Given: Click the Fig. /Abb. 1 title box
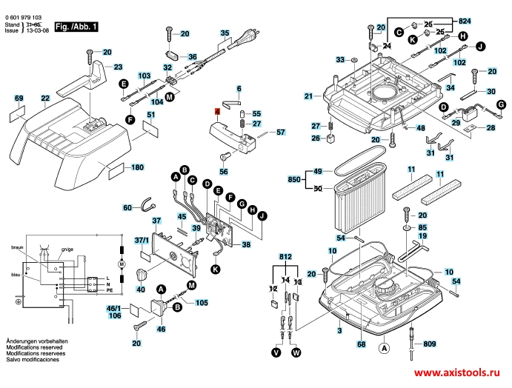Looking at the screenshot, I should click(76, 26).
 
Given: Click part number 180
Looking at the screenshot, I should click(137, 167).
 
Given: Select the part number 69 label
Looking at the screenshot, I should click(19, 98).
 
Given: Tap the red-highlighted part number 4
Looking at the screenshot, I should click(217, 111).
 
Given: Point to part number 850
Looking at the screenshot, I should click(294, 180).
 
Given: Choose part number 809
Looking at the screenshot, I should click(430, 344).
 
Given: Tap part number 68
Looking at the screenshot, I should click(362, 344).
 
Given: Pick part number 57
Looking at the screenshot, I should click(280, 133).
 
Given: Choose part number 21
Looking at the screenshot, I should click(308, 96).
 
